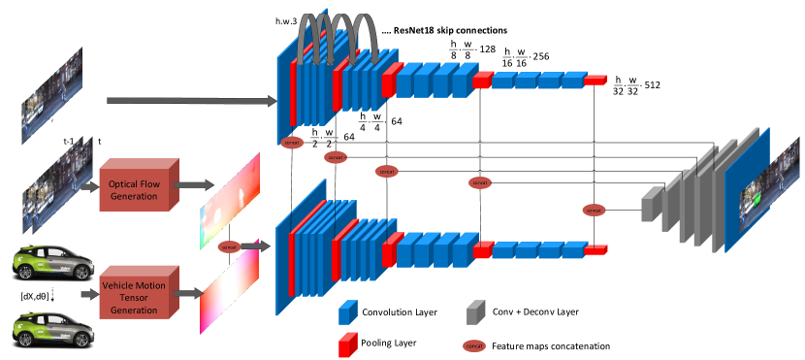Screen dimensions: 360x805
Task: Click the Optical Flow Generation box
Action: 137,183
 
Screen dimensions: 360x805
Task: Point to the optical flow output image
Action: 230,189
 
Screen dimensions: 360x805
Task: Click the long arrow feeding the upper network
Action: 189,100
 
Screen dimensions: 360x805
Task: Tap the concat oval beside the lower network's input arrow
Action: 230,246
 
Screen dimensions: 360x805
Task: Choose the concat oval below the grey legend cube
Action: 474,345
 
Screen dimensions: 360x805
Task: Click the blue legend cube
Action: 347,312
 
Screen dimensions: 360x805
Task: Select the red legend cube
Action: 347,344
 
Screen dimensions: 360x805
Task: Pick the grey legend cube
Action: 474,312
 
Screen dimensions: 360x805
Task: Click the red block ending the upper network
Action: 595,81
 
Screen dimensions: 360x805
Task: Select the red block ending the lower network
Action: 596,249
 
